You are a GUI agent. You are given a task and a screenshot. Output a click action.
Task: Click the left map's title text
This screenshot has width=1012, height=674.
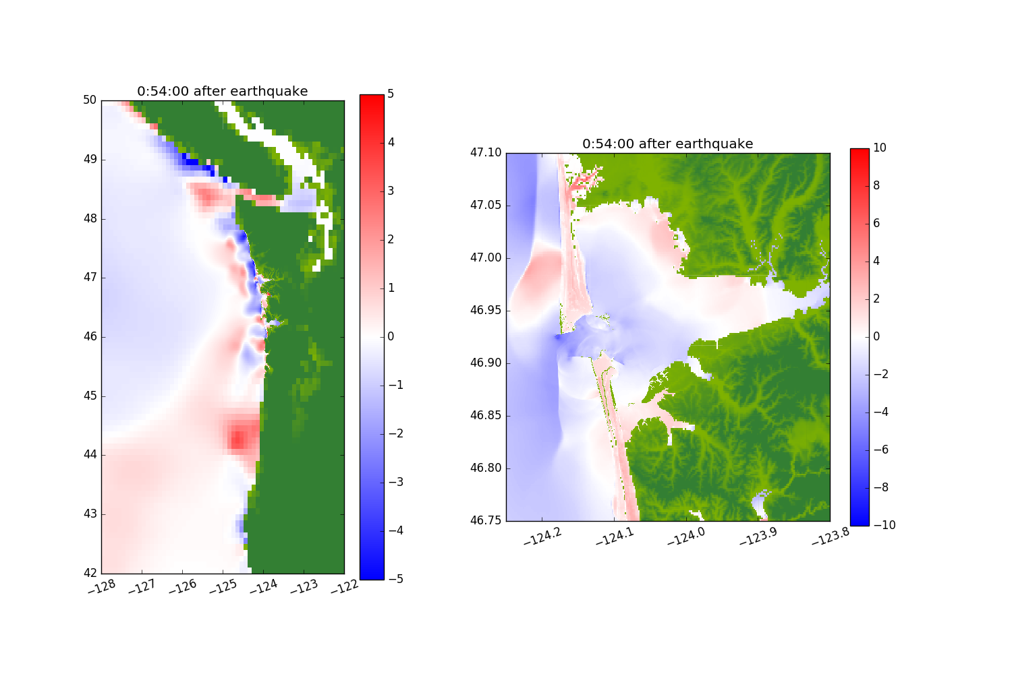tap(222, 92)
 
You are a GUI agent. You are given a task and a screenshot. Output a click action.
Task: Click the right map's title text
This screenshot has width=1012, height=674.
tap(667, 144)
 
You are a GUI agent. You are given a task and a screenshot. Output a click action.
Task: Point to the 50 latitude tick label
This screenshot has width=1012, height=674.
tap(90, 100)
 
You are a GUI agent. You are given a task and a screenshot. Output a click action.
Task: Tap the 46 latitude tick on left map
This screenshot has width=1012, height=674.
tap(90, 337)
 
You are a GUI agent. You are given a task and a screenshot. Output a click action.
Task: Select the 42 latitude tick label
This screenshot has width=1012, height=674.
tap(90, 574)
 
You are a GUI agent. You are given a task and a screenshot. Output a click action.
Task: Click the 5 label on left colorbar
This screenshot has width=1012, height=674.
tap(391, 94)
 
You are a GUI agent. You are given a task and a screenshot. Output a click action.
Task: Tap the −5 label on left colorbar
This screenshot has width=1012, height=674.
tap(396, 579)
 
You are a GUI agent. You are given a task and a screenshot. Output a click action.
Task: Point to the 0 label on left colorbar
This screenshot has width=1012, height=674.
tap(391, 337)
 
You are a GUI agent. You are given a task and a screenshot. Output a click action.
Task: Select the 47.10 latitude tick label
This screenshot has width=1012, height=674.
tap(486, 153)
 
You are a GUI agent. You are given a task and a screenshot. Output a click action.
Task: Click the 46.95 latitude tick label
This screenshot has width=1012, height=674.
tap(486, 311)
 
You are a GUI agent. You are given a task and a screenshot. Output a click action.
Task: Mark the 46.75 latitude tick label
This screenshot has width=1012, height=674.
tap(486, 520)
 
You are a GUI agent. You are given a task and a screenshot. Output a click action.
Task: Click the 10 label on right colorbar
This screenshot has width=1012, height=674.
tap(880, 148)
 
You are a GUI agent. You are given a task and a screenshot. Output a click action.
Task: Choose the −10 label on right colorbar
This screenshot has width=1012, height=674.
tap(884, 525)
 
